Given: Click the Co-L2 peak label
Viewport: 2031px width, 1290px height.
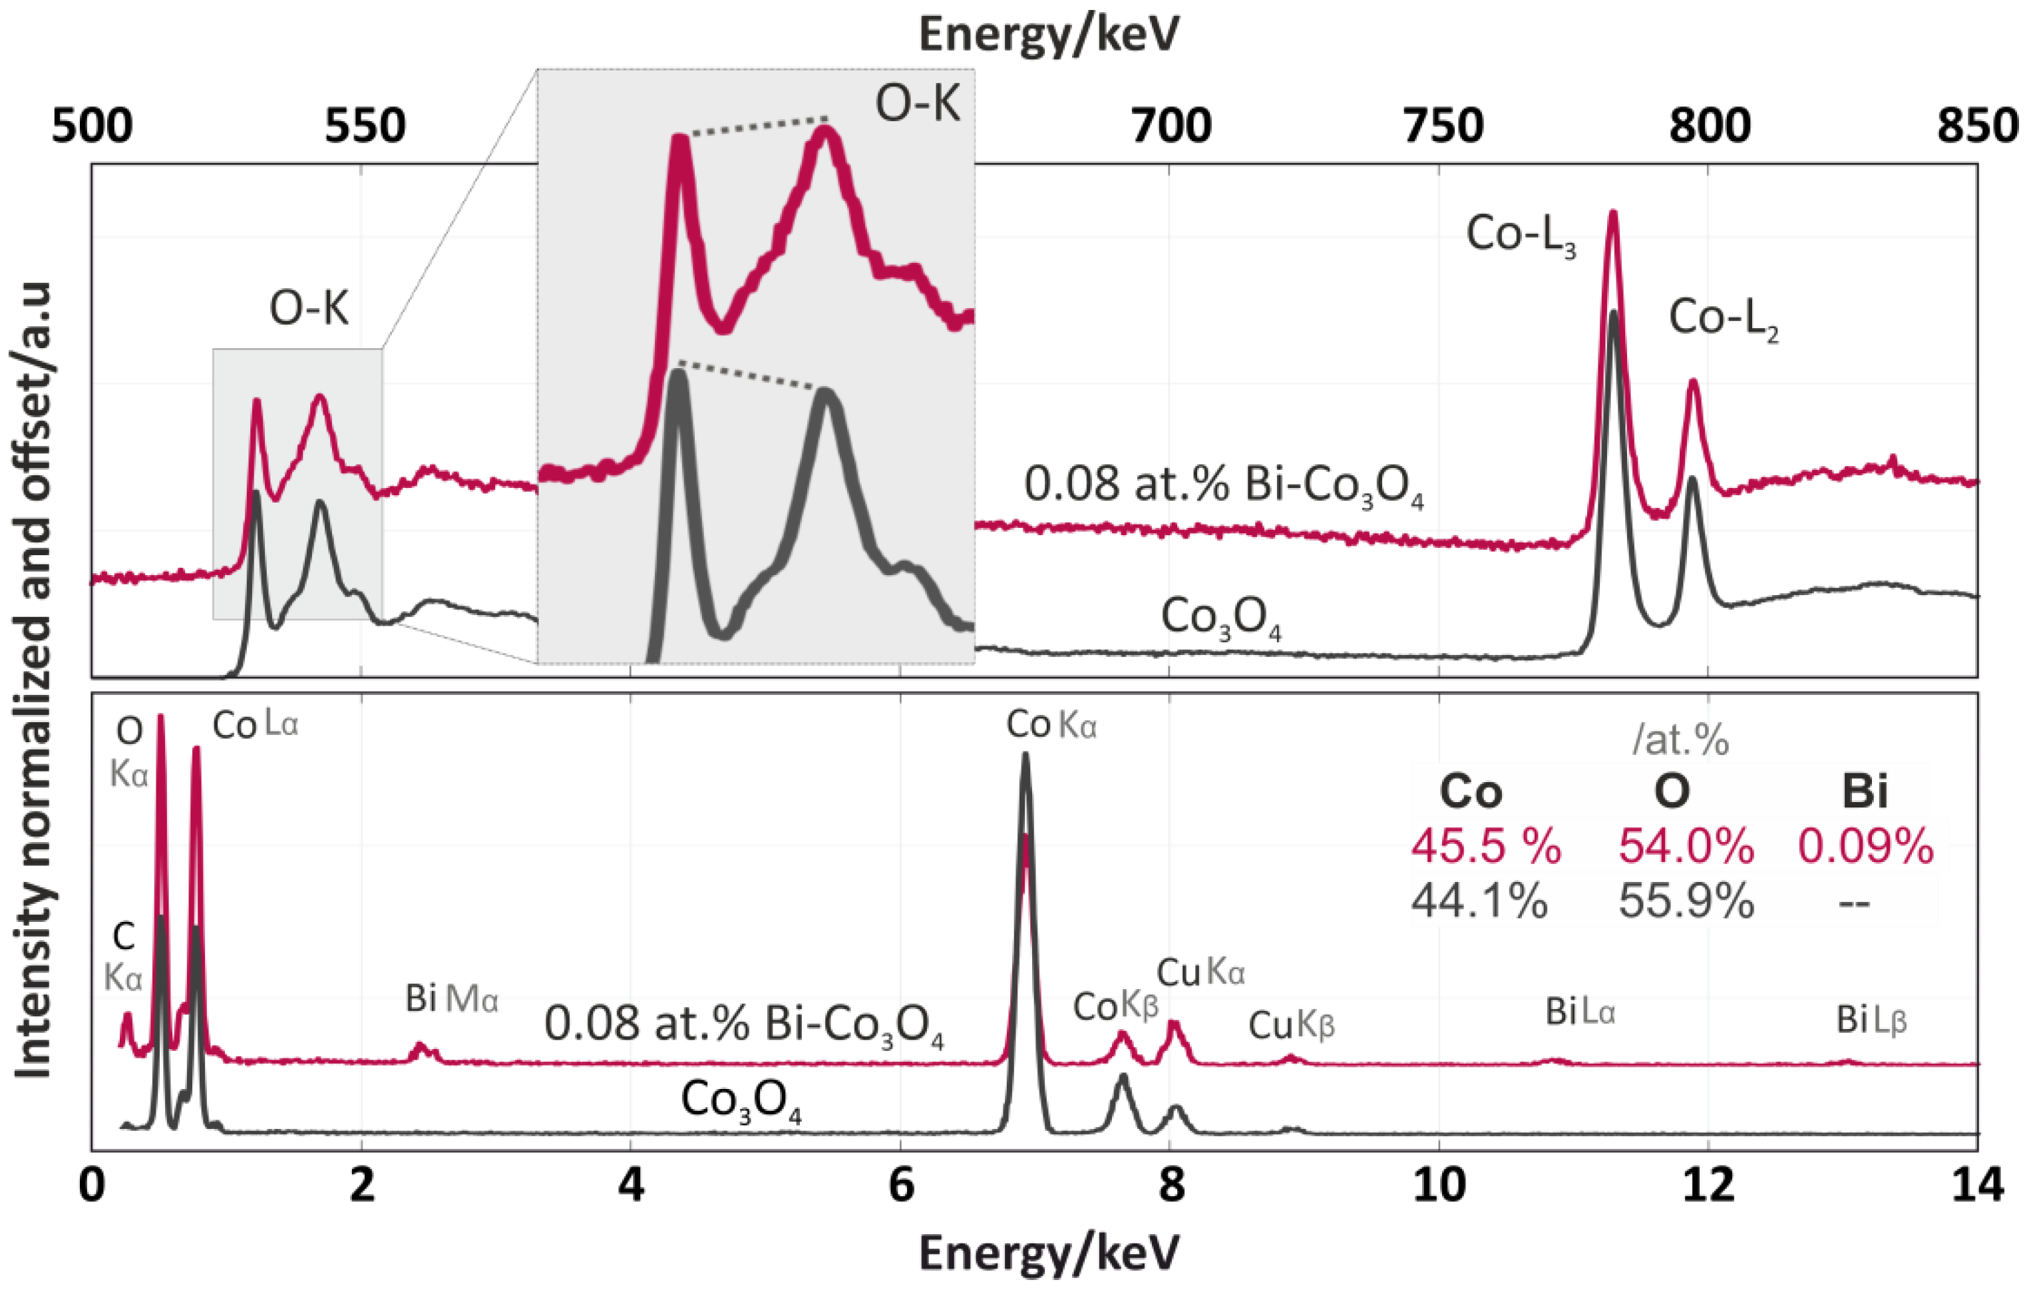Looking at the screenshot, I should tap(1723, 320).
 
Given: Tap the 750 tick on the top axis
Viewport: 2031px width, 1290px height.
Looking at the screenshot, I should tap(1442, 126).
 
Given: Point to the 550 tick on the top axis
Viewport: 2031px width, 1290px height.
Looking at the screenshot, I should tap(365, 126).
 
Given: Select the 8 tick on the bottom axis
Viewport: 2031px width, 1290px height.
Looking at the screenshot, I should tap(1171, 1185).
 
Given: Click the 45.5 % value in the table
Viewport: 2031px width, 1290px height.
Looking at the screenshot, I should tap(1486, 845).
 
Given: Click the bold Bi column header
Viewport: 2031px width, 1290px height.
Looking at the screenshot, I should tap(1864, 791).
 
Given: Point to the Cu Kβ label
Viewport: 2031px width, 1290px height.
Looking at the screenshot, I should tap(1291, 1025).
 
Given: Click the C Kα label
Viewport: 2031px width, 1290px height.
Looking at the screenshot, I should tap(123, 958).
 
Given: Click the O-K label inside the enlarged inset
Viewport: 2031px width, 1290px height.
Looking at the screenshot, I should tap(917, 105).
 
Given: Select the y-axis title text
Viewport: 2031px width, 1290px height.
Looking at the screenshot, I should tap(34, 679).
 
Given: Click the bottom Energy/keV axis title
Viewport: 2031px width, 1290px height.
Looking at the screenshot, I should tap(1048, 1253).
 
